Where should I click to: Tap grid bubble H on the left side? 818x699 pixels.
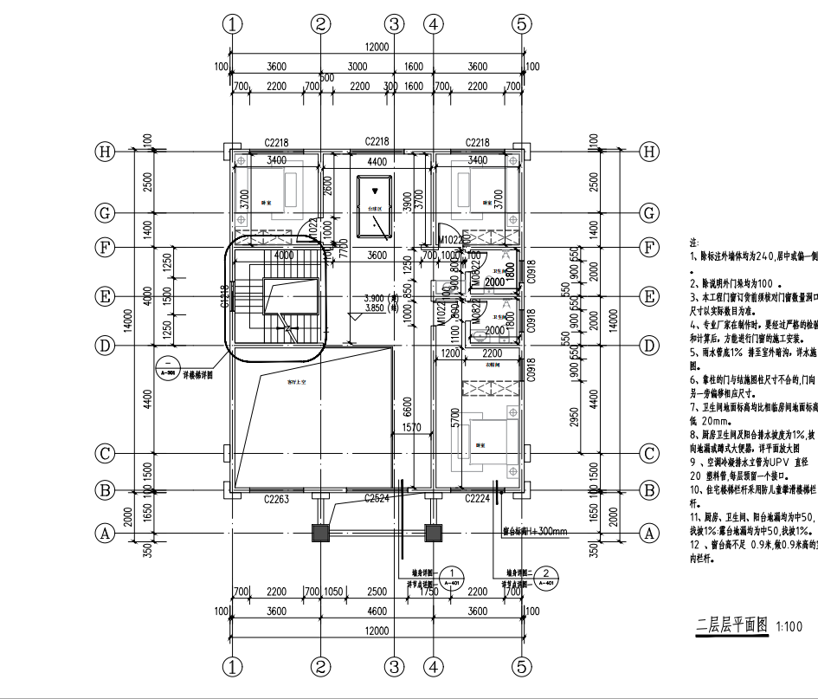[106, 152]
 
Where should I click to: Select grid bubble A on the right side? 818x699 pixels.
[649, 534]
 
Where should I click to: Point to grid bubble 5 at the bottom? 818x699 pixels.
[521, 667]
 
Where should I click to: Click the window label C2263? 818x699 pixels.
[276, 498]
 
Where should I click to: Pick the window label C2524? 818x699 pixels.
[377, 498]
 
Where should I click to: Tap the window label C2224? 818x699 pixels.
[478, 498]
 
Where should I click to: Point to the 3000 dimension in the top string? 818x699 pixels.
[357, 67]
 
